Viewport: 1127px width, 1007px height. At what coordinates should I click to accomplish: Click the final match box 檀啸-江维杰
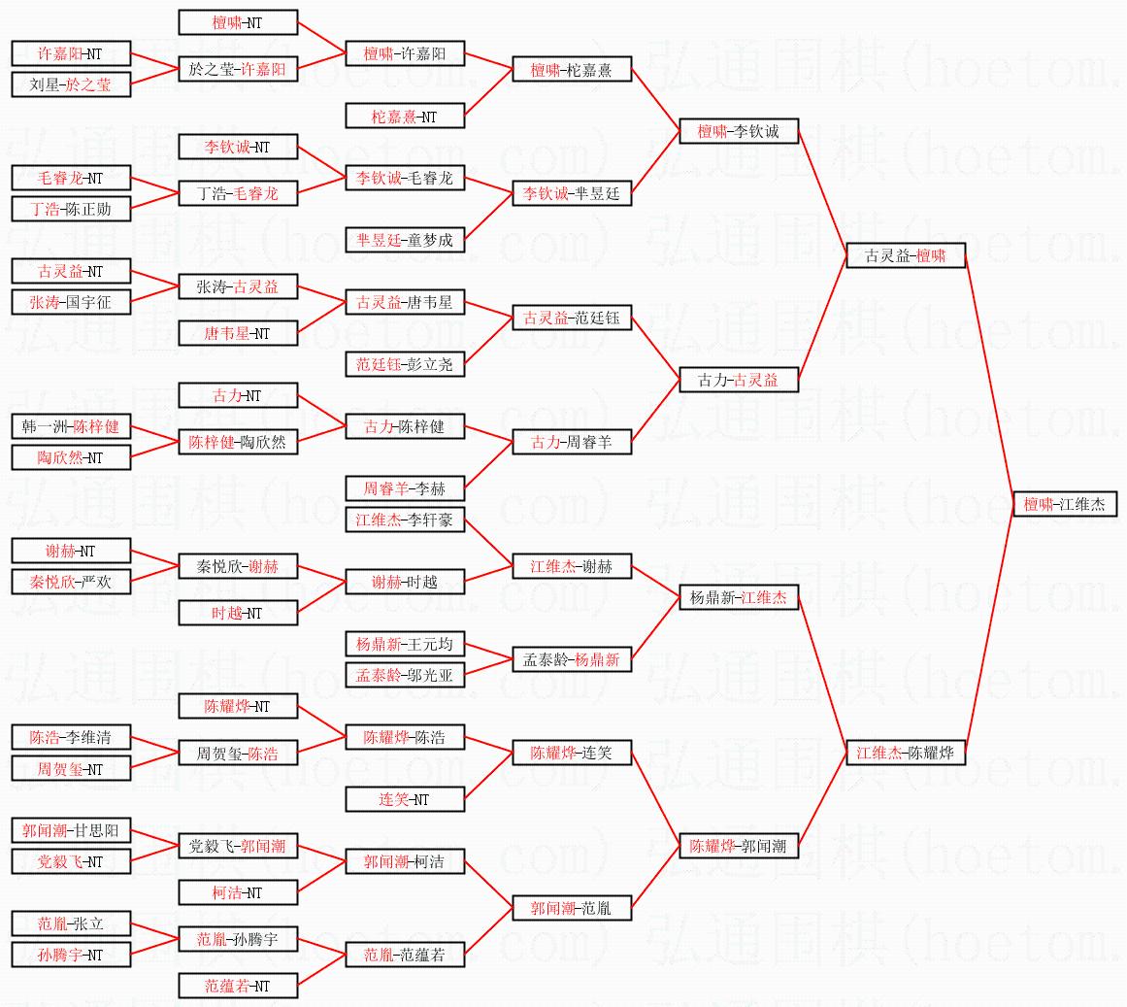tap(1064, 504)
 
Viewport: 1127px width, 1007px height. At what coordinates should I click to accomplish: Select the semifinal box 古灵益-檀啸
tap(906, 255)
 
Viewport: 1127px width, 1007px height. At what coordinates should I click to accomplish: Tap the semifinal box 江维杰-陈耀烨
tap(906, 753)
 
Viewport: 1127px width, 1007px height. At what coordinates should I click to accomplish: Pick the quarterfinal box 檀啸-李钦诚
tap(739, 131)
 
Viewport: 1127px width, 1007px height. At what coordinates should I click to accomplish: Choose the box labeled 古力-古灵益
tap(739, 380)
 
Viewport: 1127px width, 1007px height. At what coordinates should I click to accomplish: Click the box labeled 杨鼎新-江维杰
tap(739, 597)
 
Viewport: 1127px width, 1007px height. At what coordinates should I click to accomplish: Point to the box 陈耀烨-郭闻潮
tap(739, 846)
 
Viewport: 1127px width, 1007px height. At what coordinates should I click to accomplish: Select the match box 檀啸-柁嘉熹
tap(572, 69)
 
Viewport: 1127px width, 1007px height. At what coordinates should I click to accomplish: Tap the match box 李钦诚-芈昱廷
tap(572, 193)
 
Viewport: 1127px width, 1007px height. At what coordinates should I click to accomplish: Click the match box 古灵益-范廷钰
tap(572, 318)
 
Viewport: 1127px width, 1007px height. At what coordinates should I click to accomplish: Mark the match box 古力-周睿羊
tap(572, 442)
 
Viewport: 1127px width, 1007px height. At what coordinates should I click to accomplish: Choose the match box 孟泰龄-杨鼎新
tap(572, 659)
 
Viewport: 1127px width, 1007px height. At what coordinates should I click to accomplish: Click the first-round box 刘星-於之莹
tap(71, 84)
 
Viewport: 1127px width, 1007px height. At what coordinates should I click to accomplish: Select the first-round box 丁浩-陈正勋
tap(71, 209)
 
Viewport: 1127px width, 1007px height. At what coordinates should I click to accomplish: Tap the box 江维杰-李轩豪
tap(405, 520)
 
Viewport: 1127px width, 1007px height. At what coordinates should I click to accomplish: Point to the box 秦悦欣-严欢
tap(71, 582)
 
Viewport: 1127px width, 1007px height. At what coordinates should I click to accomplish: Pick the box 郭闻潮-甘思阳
tap(71, 830)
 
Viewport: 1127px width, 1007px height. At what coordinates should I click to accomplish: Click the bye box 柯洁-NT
tap(238, 892)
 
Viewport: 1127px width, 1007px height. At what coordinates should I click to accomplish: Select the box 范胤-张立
tap(71, 923)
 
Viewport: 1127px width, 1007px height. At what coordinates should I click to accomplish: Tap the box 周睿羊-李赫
tap(405, 488)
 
